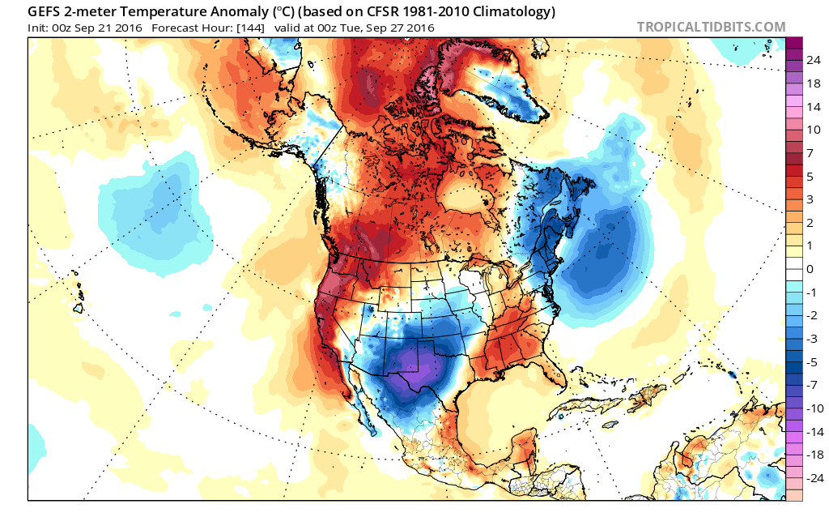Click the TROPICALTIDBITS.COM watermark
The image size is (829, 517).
tap(711, 27)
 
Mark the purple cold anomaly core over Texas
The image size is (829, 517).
tap(418, 378)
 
